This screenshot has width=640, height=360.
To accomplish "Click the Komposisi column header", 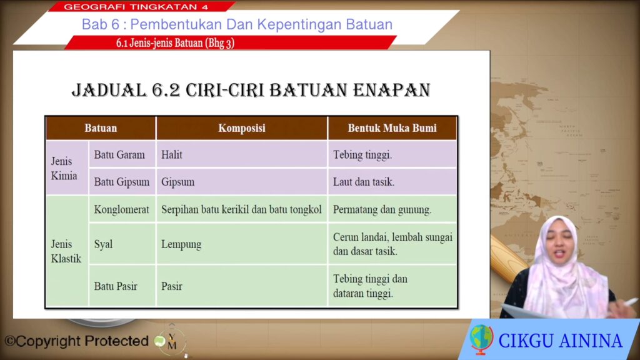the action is (x=242, y=128).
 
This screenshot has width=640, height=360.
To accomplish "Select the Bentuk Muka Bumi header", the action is (x=392, y=128).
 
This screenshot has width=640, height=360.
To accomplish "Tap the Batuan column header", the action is (x=101, y=128).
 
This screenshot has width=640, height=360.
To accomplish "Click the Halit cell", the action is (x=242, y=155).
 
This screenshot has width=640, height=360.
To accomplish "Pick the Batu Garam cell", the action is (x=122, y=155).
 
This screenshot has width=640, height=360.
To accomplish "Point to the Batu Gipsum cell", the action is (x=122, y=182).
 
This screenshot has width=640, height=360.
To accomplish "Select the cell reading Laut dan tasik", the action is (x=392, y=182).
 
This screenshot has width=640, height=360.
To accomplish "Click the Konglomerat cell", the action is (x=122, y=209).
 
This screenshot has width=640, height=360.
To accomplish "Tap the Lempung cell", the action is (x=242, y=244).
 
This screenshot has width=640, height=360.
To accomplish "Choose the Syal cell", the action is (x=122, y=244).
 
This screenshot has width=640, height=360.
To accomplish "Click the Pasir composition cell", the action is (x=242, y=286).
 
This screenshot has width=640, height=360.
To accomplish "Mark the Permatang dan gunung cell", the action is (x=392, y=209).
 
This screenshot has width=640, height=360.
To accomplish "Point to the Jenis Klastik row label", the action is (x=67, y=251).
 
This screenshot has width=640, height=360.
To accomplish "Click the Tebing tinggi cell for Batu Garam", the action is (x=392, y=155).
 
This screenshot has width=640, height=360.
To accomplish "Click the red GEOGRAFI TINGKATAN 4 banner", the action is (x=141, y=6).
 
